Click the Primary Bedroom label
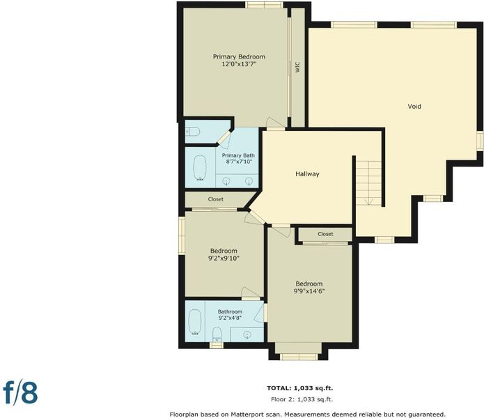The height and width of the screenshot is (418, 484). (239, 57)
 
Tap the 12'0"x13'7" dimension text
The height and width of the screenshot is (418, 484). (240, 64)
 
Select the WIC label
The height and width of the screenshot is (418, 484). (297, 68)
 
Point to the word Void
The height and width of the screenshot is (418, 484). (414, 106)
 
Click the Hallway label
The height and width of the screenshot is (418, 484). (307, 173)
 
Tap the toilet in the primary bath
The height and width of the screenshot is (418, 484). (193, 132)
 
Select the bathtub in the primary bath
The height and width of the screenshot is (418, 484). (200, 168)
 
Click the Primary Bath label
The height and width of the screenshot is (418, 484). (238, 155)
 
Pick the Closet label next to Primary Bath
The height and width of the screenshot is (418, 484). (216, 199)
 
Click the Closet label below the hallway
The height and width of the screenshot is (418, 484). (325, 234)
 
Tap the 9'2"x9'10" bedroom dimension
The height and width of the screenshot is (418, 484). (224, 258)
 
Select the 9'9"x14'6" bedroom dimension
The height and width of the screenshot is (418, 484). (309, 291)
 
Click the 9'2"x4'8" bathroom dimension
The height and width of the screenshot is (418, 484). (230, 318)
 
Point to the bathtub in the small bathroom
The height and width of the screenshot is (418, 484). (195, 322)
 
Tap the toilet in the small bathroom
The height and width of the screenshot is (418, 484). (217, 334)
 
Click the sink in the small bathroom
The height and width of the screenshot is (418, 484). (247, 334)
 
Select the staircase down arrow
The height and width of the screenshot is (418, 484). (368, 201)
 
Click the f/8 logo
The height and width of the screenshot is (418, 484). (21, 393)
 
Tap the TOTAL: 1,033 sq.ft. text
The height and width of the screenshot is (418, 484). (299, 388)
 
